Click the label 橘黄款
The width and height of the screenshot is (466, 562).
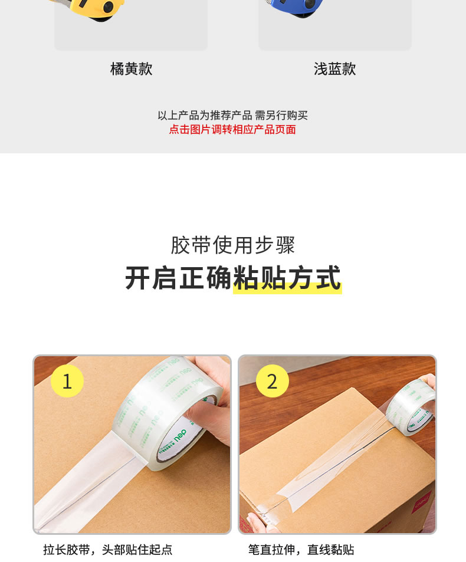131,69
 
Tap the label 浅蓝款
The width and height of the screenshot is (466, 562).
335,69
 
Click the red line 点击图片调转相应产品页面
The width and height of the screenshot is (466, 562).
232,129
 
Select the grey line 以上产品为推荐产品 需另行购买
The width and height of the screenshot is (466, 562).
232,116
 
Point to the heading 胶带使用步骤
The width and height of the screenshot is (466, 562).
232,245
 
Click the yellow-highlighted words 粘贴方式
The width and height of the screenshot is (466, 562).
287,278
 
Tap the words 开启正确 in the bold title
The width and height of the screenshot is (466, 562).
179,278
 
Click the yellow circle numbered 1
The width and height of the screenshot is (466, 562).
67,381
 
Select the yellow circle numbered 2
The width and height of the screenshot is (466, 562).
272,381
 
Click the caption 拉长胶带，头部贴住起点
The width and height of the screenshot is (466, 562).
108,550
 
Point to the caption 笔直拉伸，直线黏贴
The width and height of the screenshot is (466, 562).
301,550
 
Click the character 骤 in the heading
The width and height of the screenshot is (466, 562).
285,245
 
